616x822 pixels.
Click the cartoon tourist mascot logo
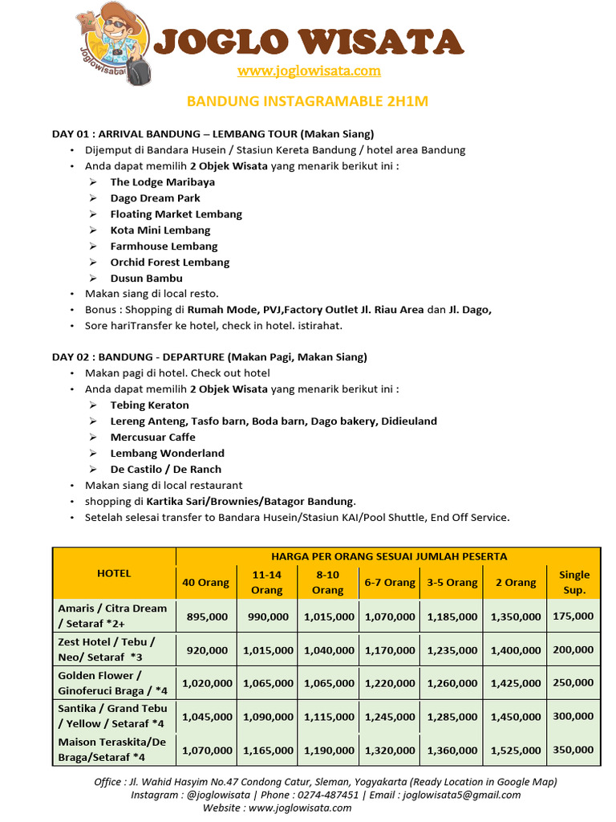click(x=111, y=43)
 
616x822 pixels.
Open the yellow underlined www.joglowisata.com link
click(x=309, y=71)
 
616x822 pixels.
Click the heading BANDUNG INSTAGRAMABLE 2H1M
click(x=308, y=101)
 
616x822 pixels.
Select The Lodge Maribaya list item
click(x=163, y=182)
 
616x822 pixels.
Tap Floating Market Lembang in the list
click(x=176, y=214)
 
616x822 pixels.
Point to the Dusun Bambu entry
click(x=147, y=279)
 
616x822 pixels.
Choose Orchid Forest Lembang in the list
click(x=170, y=262)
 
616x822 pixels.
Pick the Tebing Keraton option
click(x=150, y=405)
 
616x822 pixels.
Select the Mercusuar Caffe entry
click(x=153, y=437)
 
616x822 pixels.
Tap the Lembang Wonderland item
click(x=168, y=454)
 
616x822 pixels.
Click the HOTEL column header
click(x=114, y=573)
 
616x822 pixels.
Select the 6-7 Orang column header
click(x=390, y=583)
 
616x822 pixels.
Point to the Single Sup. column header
click(x=574, y=582)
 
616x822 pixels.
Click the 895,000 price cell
click(x=207, y=616)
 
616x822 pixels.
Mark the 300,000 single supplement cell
click(x=573, y=716)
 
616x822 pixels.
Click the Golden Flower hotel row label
click(x=113, y=683)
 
